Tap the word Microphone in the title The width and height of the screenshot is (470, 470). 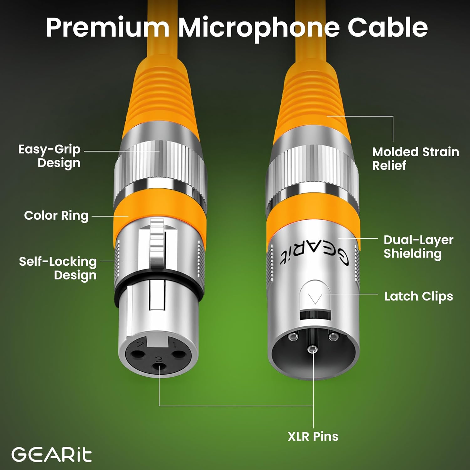click(259, 28)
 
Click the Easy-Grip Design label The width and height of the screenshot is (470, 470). click(50, 156)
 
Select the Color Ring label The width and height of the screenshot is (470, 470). click(56, 216)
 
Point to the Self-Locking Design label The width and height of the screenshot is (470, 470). click(58, 268)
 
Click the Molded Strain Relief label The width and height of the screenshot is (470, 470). click(415, 159)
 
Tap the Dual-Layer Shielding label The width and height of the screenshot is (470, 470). click(418, 247)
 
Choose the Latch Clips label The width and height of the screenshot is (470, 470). click(419, 296)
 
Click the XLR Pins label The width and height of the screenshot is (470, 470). click(313, 436)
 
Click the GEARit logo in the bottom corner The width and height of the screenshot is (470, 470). click(52, 455)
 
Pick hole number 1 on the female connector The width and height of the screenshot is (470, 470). click(179, 354)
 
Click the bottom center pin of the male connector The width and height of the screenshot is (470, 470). click(312, 349)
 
